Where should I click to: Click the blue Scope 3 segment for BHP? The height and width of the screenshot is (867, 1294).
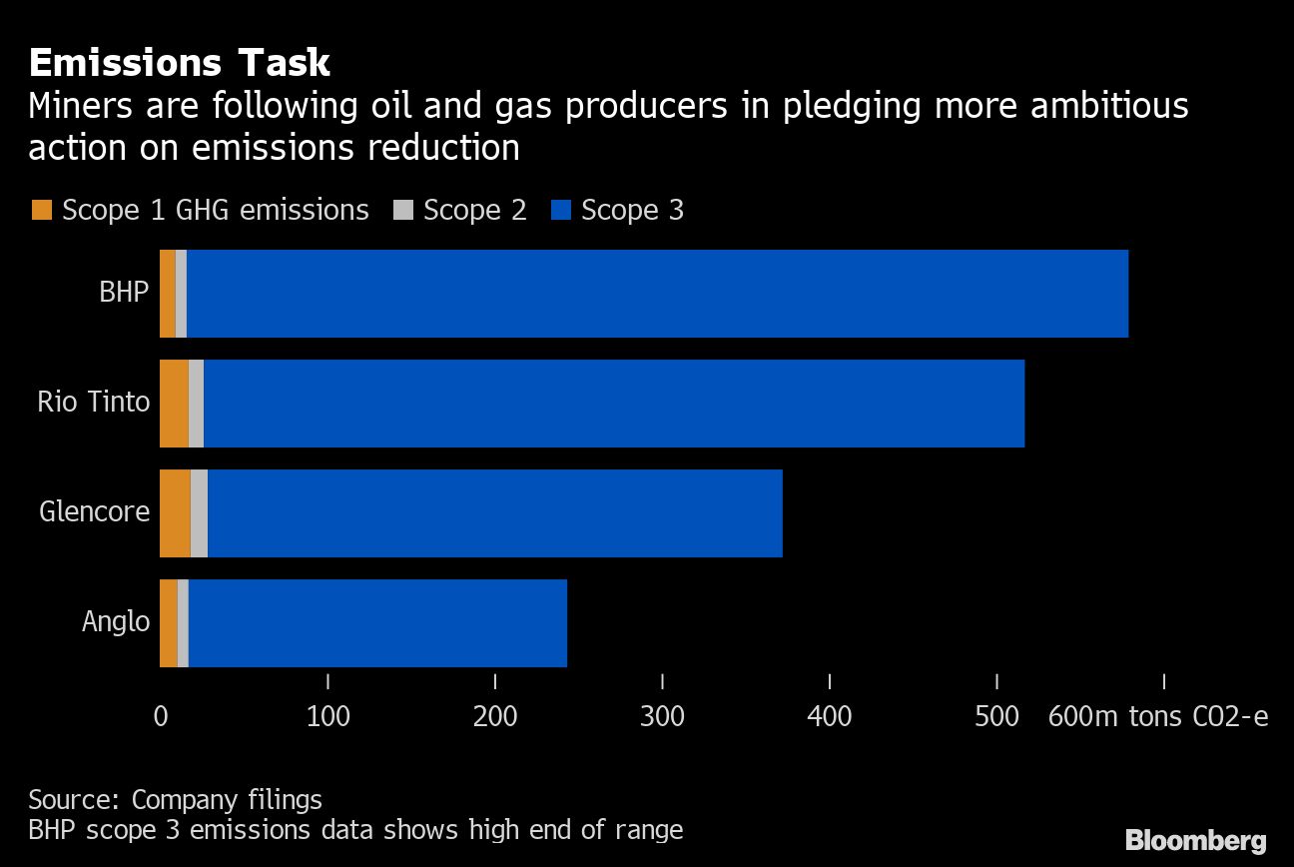(657, 294)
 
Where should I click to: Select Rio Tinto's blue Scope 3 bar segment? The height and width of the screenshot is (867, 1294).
(614, 404)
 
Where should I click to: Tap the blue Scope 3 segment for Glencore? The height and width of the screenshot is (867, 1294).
(494, 513)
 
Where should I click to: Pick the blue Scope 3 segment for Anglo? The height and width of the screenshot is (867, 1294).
(377, 623)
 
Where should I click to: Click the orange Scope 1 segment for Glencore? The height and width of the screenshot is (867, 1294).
(175, 513)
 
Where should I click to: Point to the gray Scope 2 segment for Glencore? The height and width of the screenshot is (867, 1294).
(199, 513)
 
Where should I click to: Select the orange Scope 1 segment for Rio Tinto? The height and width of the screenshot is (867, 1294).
(174, 404)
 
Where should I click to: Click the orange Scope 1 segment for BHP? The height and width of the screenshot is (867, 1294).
(168, 294)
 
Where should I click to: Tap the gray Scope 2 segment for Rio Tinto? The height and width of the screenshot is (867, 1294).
(196, 404)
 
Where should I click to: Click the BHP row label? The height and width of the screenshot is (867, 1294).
(124, 293)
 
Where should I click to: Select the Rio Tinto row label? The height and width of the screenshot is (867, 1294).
(94, 403)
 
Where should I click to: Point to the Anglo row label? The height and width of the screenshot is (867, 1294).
(116, 622)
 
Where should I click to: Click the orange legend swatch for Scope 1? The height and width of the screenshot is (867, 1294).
(41, 211)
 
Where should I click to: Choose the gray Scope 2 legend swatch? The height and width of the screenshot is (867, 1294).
(402, 211)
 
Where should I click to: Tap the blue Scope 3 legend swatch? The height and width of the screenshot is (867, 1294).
(560, 211)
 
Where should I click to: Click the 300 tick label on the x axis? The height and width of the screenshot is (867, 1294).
(663, 717)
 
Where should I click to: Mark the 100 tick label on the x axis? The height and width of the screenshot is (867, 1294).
(328, 717)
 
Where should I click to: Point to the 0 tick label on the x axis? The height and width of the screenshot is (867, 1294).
(161, 717)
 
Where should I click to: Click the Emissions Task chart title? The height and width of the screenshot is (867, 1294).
(180, 63)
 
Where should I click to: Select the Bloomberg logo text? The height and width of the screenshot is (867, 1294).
(1196, 840)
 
